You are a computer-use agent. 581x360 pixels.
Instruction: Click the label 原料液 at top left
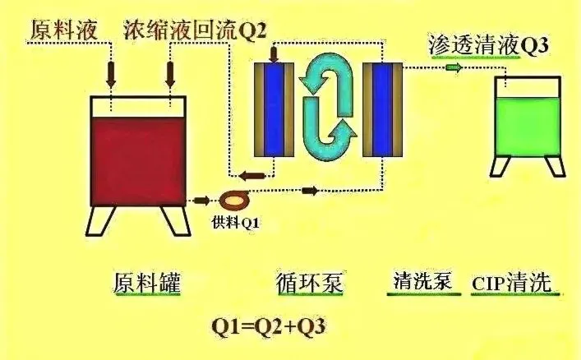(x=64, y=30)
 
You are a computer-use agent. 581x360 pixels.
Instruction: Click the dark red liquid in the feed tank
(x=138, y=156)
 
